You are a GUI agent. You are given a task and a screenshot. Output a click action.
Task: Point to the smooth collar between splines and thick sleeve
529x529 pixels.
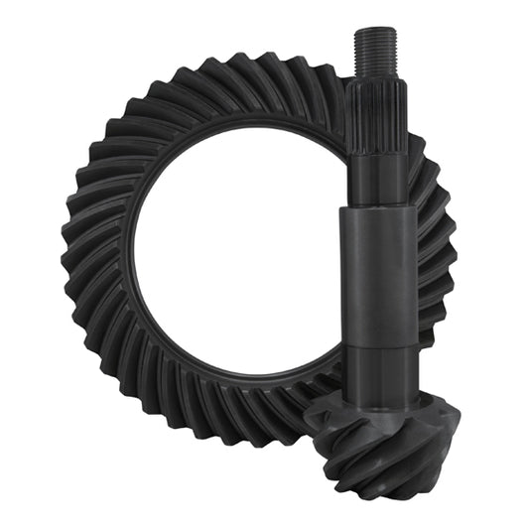click(x=377, y=174)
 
